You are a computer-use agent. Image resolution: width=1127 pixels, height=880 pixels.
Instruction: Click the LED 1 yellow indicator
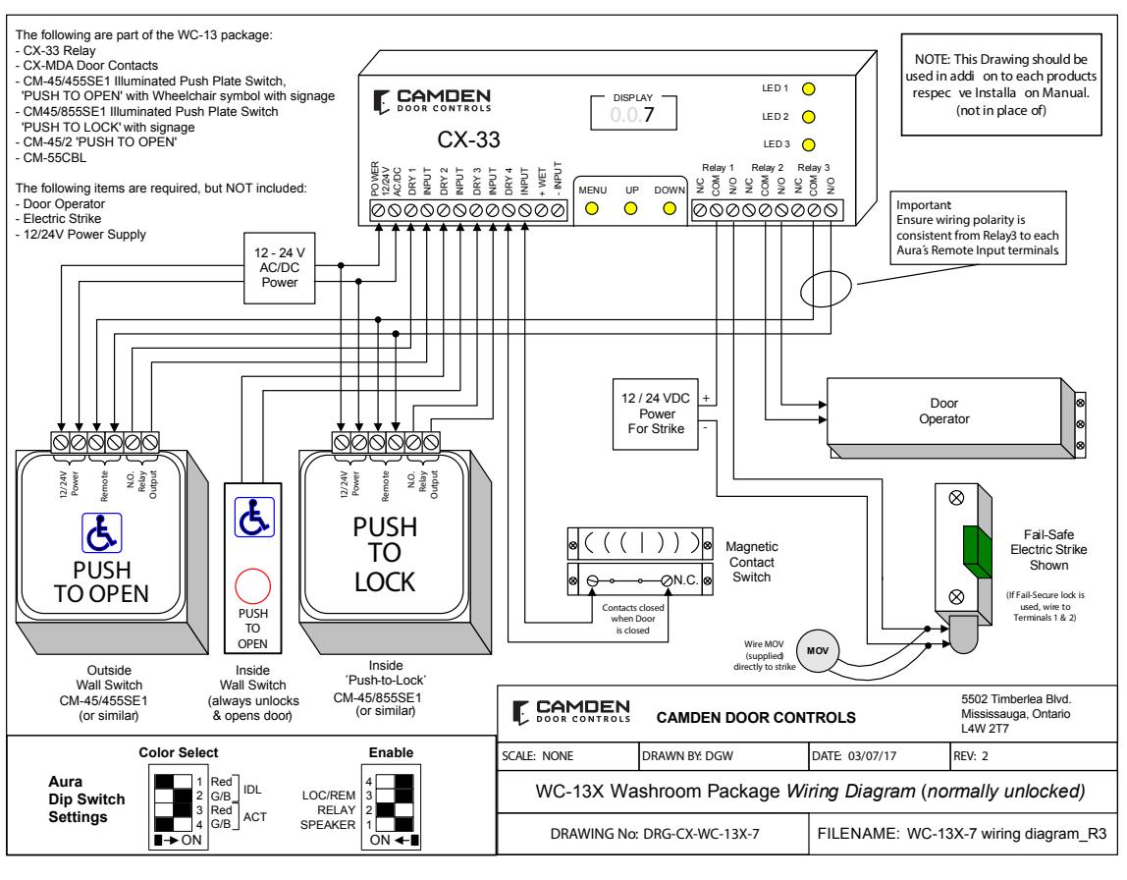coord(809,89)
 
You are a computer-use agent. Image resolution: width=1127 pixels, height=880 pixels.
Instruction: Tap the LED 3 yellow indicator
coord(809,144)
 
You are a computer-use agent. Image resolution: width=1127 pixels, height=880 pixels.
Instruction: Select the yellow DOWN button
coord(670,208)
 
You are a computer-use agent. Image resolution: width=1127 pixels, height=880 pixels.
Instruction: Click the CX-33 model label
coord(468,139)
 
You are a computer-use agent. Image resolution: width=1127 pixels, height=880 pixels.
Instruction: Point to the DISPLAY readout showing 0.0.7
coord(633,114)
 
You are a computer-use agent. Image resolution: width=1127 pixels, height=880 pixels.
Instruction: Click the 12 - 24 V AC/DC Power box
coord(280,268)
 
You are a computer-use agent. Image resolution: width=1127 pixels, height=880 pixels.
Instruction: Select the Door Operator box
coord(944,412)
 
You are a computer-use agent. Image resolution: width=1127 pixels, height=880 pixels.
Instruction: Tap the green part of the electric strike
coord(977,551)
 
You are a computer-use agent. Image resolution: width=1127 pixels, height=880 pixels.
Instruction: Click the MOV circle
coord(818,650)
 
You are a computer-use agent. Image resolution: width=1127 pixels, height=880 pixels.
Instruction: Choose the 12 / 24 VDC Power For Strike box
coord(656,414)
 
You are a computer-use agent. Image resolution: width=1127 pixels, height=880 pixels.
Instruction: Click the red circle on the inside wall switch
coord(253,586)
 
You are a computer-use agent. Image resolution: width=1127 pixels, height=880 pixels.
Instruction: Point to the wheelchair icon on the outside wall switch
coord(101,532)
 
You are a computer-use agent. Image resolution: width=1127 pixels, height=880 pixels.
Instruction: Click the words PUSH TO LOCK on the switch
coord(385,554)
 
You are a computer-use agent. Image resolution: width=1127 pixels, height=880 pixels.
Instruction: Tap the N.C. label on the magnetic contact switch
coord(685,580)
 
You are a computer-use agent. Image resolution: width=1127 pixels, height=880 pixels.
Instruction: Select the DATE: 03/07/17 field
coord(854,756)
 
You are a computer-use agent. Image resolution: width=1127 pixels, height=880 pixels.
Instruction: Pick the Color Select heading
coord(179,752)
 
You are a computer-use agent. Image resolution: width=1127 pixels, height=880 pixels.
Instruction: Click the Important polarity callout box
coord(978,228)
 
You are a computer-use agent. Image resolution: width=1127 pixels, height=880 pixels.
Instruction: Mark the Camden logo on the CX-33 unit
coord(432,100)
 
